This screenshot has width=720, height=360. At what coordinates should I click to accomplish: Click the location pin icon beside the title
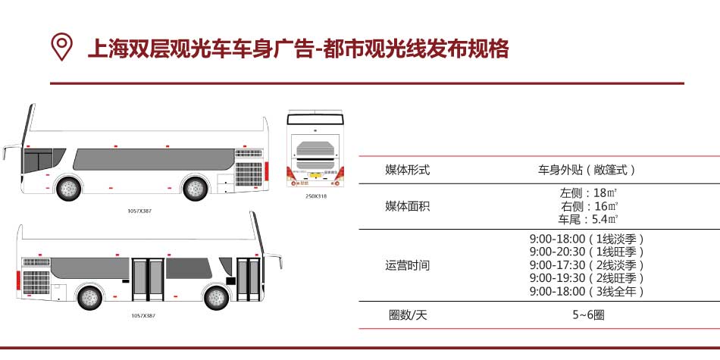(x=61, y=46)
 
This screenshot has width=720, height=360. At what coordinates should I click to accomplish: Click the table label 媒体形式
(x=407, y=170)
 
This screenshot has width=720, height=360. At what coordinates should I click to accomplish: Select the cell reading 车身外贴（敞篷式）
(x=587, y=170)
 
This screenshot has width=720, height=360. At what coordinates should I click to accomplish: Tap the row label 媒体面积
(x=407, y=206)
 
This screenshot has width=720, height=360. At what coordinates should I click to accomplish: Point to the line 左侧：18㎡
(x=587, y=193)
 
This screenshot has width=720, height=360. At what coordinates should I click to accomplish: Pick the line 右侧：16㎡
(x=587, y=206)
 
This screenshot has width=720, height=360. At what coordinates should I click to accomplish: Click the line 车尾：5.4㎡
(x=587, y=219)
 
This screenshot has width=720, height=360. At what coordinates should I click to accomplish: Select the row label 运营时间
(x=407, y=265)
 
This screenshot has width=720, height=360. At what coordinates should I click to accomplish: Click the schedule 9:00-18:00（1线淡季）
(x=587, y=239)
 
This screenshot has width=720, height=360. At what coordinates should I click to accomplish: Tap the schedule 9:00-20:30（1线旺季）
(x=587, y=252)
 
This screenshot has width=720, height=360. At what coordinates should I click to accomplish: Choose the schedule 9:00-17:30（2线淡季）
(x=587, y=265)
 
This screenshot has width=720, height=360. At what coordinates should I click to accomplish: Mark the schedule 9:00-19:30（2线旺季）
(x=587, y=278)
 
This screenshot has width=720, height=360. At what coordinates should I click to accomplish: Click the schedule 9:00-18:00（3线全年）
(x=587, y=291)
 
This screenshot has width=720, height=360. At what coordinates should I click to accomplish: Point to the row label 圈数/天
(x=407, y=315)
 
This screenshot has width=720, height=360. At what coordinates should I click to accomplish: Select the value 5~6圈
(x=587, y=315)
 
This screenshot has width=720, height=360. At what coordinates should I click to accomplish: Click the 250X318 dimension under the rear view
(x=315, y=196)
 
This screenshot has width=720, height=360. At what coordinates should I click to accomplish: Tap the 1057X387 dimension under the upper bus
(x=139, y=211)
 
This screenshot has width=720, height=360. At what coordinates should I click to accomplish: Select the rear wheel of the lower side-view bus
(x=89, y=297)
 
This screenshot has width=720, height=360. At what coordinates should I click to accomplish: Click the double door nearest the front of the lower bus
(x=247, y=278)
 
